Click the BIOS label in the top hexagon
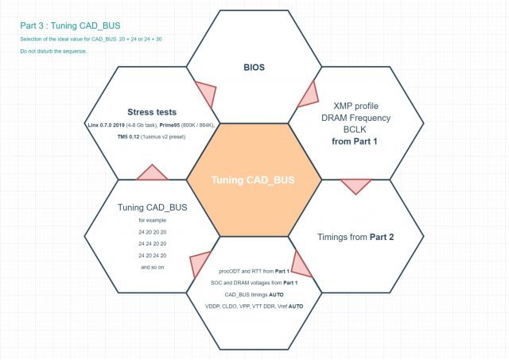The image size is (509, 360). click(254, 67)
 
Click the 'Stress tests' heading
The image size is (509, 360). click(152, 112)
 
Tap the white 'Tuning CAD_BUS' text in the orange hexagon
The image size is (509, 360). click(253, 180)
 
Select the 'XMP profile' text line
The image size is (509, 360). click(356, 106)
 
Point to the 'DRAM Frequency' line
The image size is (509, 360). click(356, 118)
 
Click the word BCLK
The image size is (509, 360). click(355, 130)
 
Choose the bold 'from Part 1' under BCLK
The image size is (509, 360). click(355, 141)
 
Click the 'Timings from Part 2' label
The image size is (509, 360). click(356, 237)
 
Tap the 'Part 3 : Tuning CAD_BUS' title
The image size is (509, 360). click(70, 25)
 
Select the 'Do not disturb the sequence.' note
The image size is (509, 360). click(53, 51)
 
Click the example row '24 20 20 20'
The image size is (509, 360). click(152, 232)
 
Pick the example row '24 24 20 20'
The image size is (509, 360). click(152, 243)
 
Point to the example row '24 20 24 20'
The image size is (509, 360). click(152, 256)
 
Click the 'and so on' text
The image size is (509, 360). click(152, 267)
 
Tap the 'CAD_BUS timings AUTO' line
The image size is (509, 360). click(254, 295)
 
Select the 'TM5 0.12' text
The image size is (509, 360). click(128, 137)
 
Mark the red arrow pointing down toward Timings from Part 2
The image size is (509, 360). click(356, 187)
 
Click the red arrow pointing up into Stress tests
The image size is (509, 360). click(152, 172)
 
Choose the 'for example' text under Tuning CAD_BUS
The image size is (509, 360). click(152, 220)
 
